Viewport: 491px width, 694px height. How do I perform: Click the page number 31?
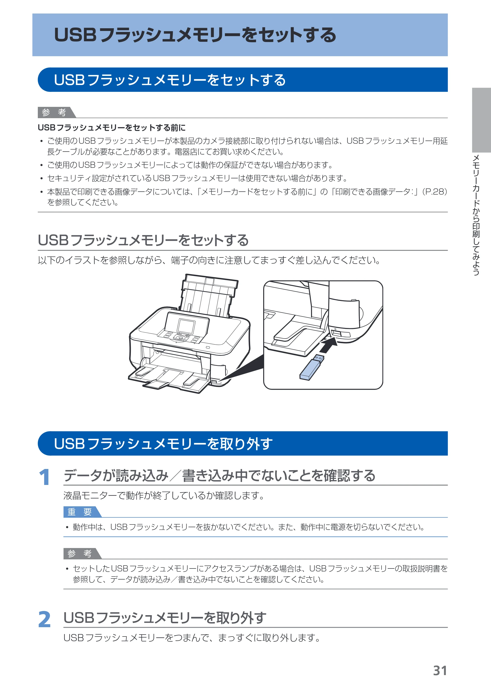[440, 671]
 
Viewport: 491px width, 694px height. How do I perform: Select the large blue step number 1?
[44, 477]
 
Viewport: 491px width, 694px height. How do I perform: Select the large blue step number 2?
[44, 619]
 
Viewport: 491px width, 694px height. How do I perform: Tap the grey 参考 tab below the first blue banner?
[56, 112]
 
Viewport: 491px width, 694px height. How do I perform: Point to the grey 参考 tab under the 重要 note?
[82, 553]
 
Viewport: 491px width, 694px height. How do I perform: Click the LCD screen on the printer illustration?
[187, 326]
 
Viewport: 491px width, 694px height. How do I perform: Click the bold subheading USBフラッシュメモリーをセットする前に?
[111, 128]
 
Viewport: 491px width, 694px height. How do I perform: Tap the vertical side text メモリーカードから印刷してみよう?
[476, 215]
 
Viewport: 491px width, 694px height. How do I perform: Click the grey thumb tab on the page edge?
[481, 120]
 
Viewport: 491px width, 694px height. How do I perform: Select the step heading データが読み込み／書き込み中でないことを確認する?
[219, 475]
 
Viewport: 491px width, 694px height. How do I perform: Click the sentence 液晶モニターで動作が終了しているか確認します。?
[164, 496]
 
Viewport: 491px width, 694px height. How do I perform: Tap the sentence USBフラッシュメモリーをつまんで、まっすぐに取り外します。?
[192, 638]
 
